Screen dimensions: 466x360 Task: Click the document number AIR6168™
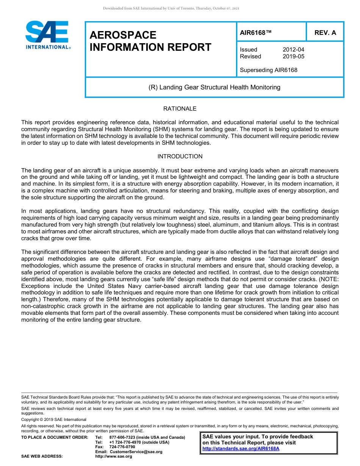[x=256, y=33]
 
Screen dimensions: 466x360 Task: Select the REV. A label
[x=325, y=33]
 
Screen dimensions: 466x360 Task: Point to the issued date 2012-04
[x=293, y=50]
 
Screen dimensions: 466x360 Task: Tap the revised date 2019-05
[x=293, y=56]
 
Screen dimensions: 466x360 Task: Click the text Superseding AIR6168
[x=268, y=70]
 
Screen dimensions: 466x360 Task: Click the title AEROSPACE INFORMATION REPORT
[x=150, y=41]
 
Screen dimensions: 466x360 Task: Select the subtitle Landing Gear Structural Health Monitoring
[x=214, y=87]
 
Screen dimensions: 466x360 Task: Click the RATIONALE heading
[x=180, y=109]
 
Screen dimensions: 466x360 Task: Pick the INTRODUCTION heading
[x=180, y=156]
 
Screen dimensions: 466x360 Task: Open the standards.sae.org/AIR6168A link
[x=241, y=449]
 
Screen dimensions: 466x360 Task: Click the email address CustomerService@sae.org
[x=136, y=452]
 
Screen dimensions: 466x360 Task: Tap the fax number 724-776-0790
[x=122, y=447]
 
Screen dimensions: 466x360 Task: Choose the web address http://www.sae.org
[x=114, y=457]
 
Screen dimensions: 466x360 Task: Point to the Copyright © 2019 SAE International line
[x=54, y=419]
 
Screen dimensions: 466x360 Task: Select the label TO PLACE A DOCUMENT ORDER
[x=55, y=437]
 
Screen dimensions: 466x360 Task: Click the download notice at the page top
[x=171, y=8]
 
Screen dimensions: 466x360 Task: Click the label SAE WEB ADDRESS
[x=42, y=457]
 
